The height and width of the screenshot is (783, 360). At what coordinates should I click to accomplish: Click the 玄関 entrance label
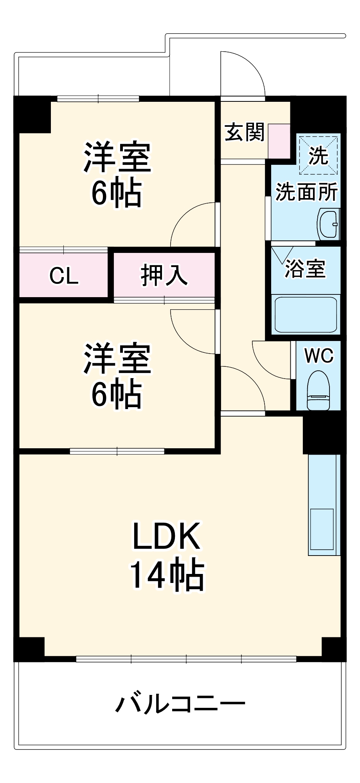tap(245, 132)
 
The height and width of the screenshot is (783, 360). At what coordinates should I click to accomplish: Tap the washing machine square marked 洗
tap(318, 155)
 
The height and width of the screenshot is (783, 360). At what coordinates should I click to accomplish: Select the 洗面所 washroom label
tap(306, 191)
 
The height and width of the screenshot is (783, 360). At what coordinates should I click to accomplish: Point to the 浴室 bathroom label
tap(305, 269)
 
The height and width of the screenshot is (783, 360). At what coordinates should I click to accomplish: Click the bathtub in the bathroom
tap(306, 314)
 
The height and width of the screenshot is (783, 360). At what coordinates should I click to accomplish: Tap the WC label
tap(319, 356)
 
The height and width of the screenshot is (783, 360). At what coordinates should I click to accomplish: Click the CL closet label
tap(64, 276)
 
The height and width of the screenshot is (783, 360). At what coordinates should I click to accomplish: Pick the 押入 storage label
tap(164, 275)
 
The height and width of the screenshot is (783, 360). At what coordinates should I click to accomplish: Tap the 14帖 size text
tap(167, 575)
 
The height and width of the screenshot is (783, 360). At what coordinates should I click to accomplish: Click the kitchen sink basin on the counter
tap(322, 529)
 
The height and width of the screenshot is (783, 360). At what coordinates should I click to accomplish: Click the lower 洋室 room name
tap(117, 358)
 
